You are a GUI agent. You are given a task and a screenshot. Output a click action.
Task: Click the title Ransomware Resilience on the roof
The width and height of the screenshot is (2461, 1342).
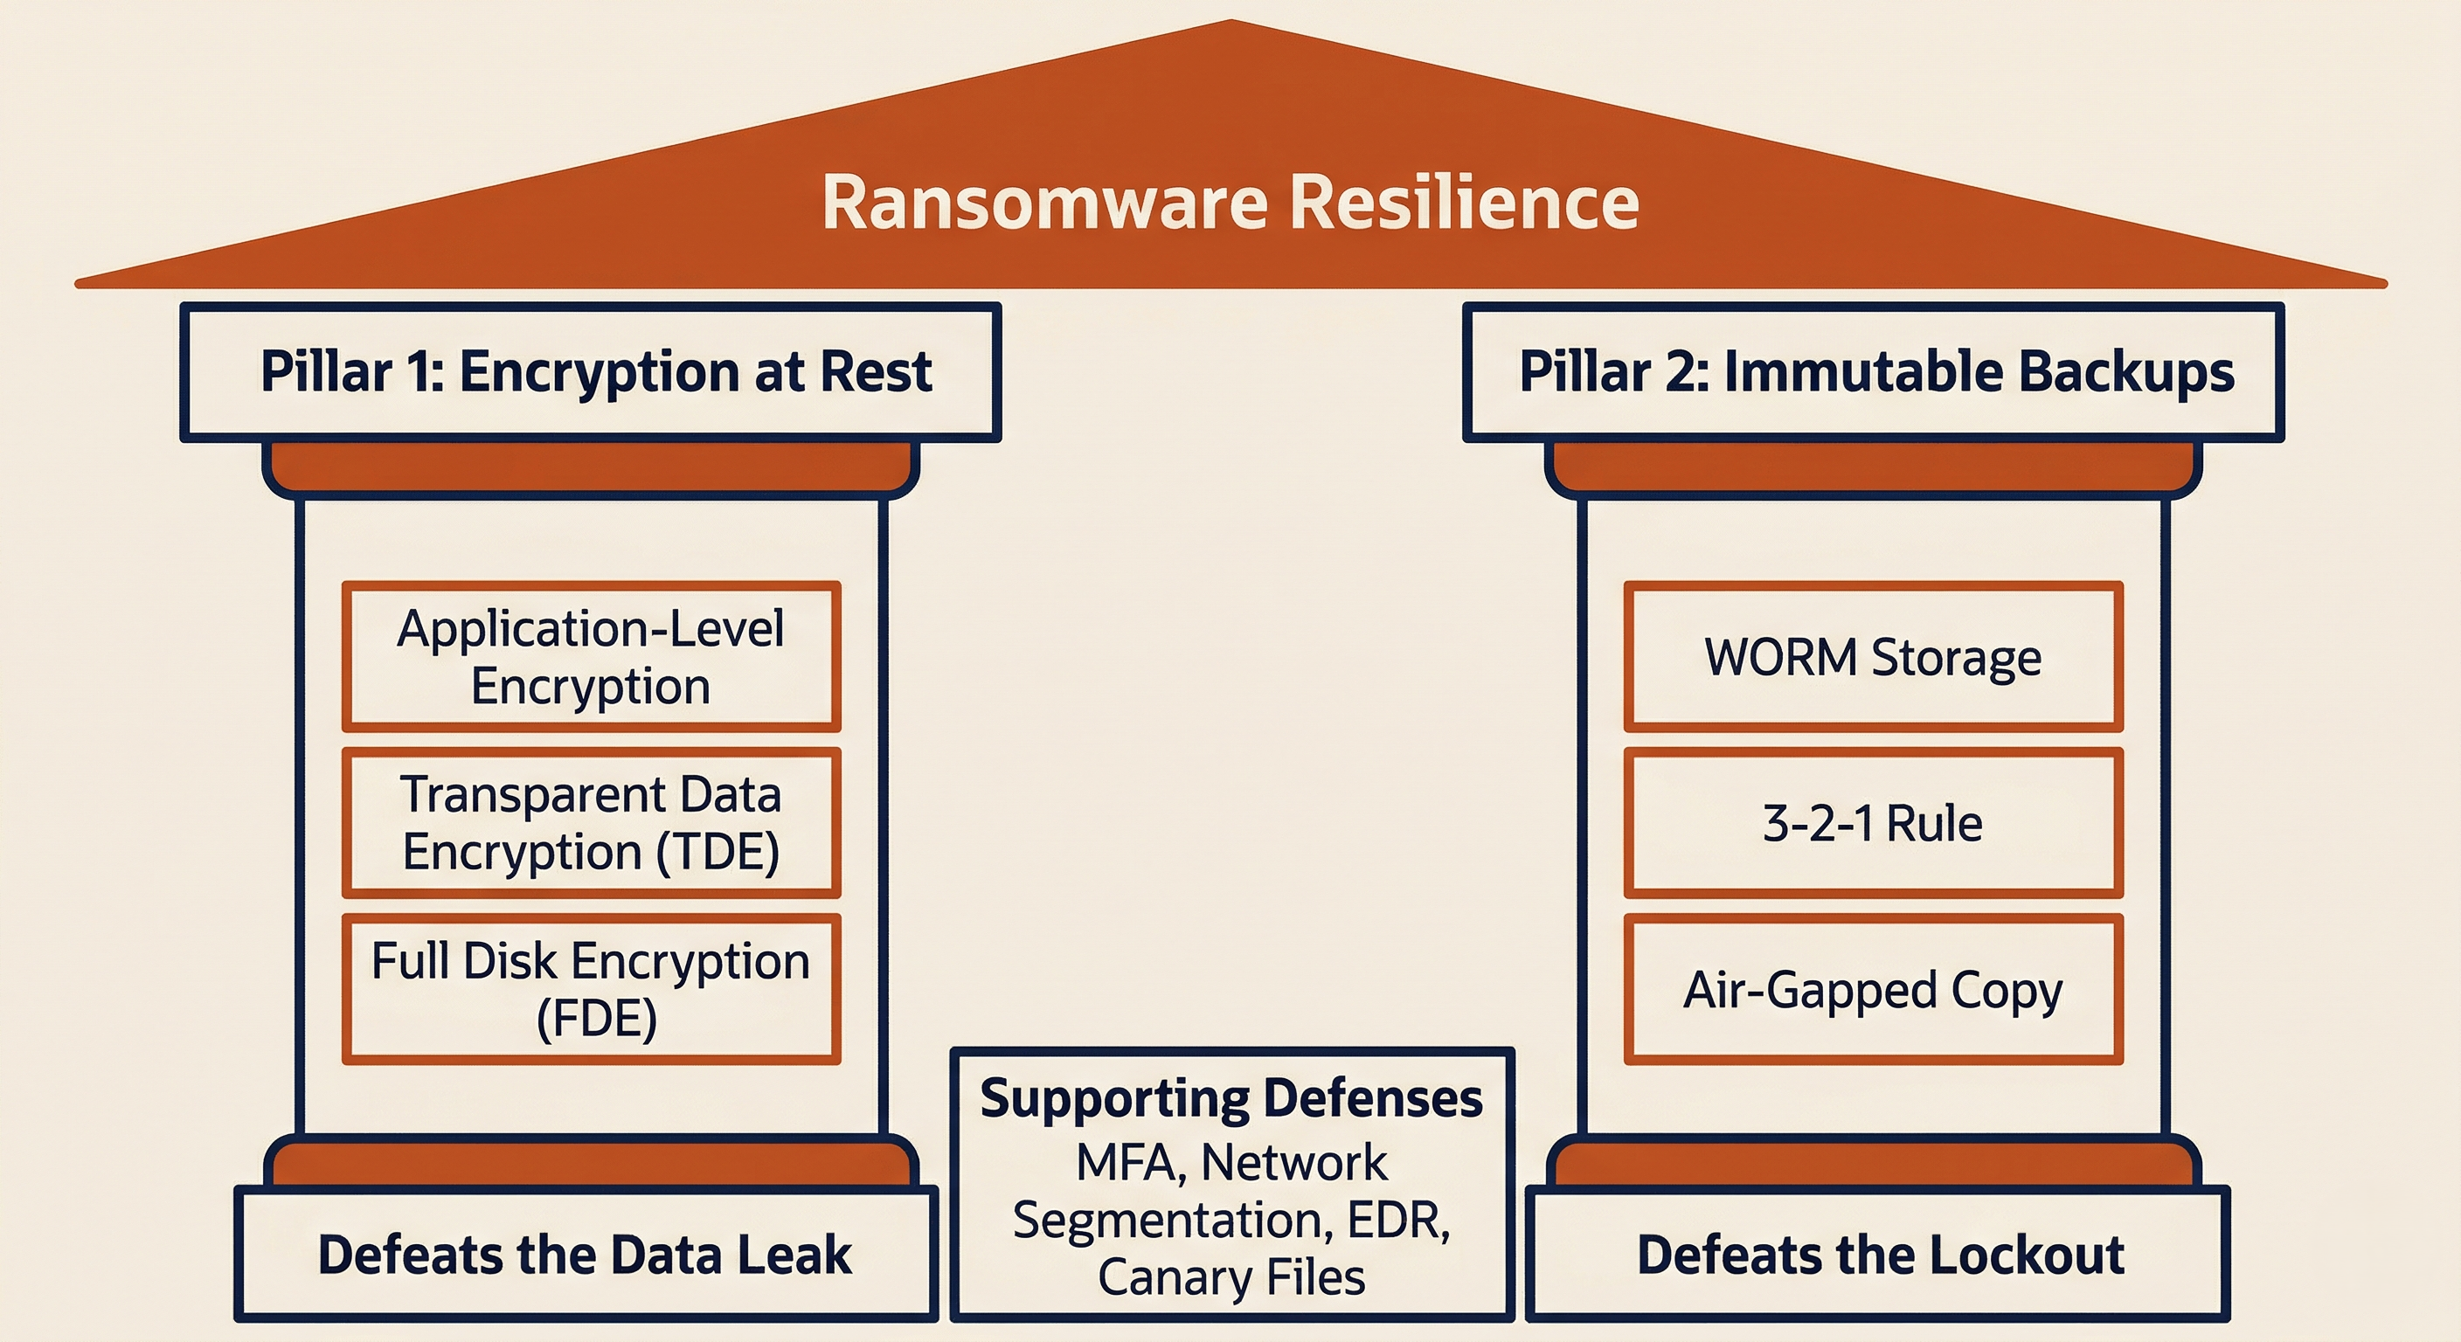[x=1230, y=203]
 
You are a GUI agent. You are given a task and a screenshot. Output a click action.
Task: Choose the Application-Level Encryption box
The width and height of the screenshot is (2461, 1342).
[x=592, y=656]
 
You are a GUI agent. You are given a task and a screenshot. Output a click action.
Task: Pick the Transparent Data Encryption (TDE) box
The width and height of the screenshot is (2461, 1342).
[x=592, y=822]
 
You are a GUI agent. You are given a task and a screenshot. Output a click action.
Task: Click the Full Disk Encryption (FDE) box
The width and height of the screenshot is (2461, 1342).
[x=592, y=989]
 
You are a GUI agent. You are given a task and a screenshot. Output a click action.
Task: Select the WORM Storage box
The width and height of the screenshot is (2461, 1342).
[x=1874, y=656]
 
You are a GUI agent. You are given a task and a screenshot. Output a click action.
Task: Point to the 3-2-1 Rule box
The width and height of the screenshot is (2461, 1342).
[x=1874, y=822]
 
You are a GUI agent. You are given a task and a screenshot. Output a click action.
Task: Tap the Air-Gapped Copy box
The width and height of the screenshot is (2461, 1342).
[x=1874, y=989]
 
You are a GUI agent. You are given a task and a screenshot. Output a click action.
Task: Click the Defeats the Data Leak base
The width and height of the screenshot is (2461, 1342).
[x=586, y=1254]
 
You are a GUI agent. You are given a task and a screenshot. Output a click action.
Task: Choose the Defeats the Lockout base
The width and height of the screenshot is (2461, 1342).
[x=1878, y=1254]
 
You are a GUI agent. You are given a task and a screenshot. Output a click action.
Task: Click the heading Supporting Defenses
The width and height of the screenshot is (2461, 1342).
[x=1231, y=1098]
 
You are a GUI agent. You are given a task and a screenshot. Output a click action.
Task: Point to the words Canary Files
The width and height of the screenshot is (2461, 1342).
[x=1231, y=1277]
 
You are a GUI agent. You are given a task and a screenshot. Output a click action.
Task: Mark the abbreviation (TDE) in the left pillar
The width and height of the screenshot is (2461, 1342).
[x=718, y=852]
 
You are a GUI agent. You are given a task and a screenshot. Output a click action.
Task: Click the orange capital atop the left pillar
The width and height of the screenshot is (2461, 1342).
[x=591, y=467]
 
